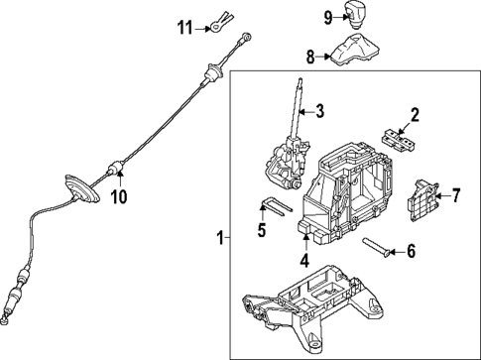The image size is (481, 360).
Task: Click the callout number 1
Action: (218, 237)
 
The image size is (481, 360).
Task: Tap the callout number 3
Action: (320, 110)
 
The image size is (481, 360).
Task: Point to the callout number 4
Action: (305, 263)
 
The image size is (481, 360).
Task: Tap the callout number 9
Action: (327, 16)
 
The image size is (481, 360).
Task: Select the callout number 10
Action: (119, 196)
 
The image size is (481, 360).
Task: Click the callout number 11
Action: (181, 26)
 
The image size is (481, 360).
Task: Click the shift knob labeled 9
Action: (356, 14)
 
